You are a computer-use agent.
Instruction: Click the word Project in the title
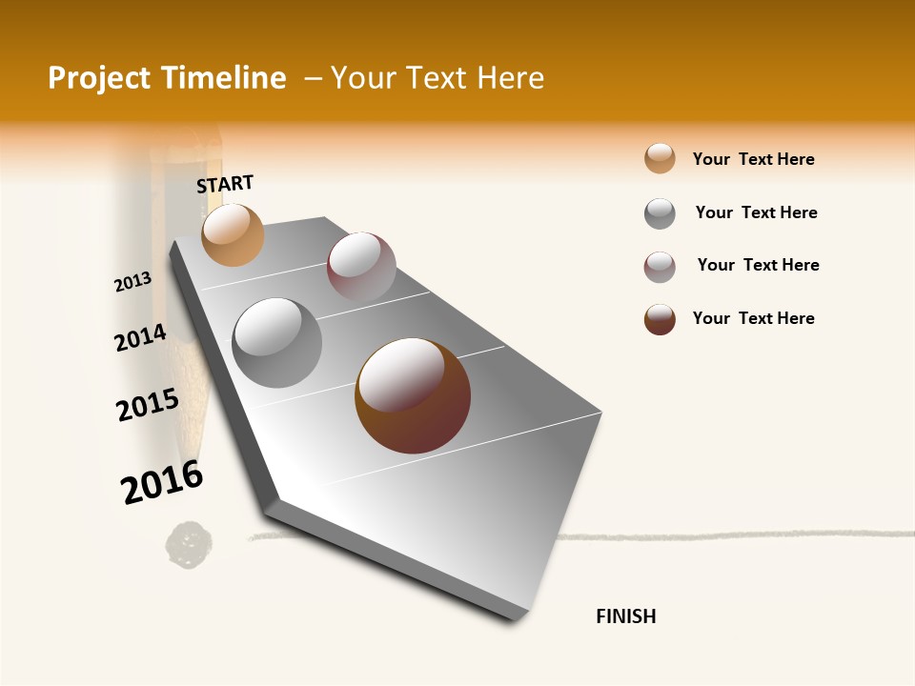click(99, 78)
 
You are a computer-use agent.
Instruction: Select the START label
click(225, 184)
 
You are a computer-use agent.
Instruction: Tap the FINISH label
click(625, 616)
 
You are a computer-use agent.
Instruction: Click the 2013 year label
click(132, 282)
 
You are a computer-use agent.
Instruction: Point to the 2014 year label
click(140, 338)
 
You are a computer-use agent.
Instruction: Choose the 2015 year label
click(148, 405)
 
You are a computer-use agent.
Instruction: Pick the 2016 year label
click(162, 482)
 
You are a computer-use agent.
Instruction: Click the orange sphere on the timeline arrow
click(233, 234)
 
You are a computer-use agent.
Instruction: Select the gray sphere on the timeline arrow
click(277, 343)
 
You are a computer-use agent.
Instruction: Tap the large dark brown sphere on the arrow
click(413, 395)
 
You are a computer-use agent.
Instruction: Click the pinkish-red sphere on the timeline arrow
click(361, 267)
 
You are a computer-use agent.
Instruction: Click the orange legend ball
click(660, 159)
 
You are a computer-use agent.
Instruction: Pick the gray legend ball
click(660, 213)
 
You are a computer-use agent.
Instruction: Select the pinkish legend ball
click(660, 267)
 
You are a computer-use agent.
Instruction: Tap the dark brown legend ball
click(660, 319)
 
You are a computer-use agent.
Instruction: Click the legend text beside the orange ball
click(753, 159)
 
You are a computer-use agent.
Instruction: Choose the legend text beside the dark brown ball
click(753, 318)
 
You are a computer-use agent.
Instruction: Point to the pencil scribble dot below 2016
click(190, 542)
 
